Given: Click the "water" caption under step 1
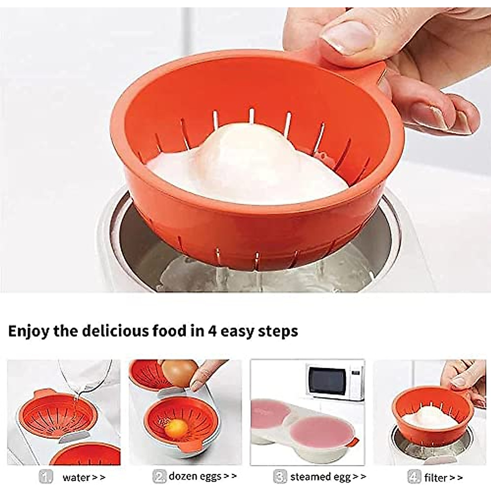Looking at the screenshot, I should pyautogui.click(x=76, y=477).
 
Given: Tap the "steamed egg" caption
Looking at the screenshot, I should pyautogui.click(x=320, y=477).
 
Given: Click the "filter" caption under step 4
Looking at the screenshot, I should pyautogui.click(x=435, y=477).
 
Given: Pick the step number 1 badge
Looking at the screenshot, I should pyautogui.click(x=46, y=477).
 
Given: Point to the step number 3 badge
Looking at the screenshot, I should pyautogui.click(x=280, y=477).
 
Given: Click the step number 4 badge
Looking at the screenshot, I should pyautogui.click(x=414, y=477).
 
